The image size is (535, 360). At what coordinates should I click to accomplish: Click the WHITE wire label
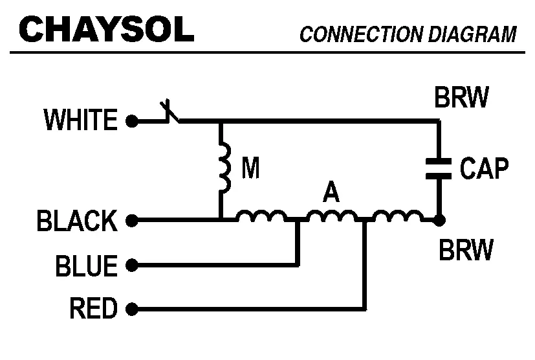[x=80, y=120]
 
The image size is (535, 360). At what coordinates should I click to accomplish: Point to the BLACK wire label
[x=76, y=221]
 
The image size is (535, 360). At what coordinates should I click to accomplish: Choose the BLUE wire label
[x=87, y=265]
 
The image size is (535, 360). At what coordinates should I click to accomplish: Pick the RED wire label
[x=93, y=309]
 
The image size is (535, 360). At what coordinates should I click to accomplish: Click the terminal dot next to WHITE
[x=131, y=120]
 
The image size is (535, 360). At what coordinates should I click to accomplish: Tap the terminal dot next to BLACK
[x=131, y=221]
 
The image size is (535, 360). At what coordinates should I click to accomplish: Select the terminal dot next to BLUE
[x=131, y=265]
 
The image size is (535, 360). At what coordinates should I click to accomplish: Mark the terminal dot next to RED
[x=131, y=309]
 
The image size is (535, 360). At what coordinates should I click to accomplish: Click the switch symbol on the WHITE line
[x=169, y=113]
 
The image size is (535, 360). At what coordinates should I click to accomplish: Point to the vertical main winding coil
[x=223, y=168]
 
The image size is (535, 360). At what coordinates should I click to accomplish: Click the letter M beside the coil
[x=250, y=169]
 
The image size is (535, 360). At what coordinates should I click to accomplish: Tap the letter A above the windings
[x=331, y=192]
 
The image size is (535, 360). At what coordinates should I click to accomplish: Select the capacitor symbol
[x=439, y=168]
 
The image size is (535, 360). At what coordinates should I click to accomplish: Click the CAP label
[x=484, y=169]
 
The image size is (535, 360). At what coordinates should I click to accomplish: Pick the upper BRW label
[x=461, y=98]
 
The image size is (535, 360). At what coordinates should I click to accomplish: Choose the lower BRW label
[x=466, y=249]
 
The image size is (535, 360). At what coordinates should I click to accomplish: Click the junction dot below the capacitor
[x=439, y=221]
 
